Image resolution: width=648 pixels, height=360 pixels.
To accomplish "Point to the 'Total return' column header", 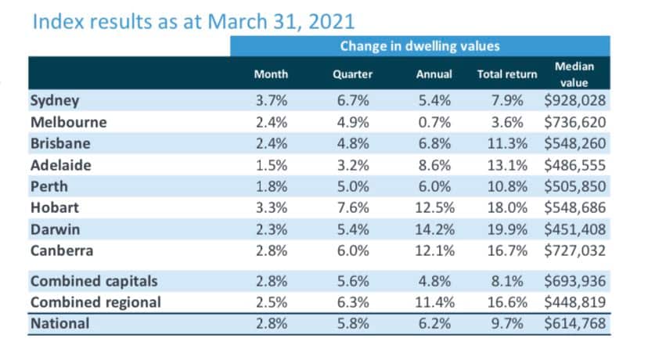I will [x=507, y=74].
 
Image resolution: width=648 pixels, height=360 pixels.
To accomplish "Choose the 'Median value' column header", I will [x=574, y=74].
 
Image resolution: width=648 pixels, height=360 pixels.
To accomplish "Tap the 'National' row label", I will [x=59, y=322].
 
